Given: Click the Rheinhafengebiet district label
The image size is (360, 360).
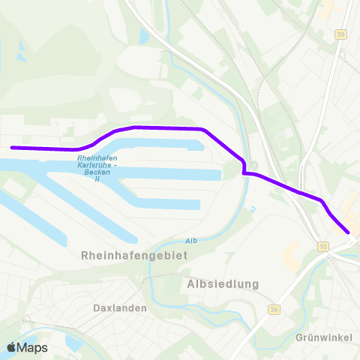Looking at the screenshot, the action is click(x=133, y=255).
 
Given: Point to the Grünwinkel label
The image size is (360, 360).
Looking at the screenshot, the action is click(x=324, y=337).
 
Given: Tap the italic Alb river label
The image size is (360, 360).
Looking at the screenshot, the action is click(x=191, y=241).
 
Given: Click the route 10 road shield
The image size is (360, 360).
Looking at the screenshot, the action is click(x=323, y=245).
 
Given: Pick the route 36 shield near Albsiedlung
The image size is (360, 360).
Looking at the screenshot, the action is click(x=273, y=309).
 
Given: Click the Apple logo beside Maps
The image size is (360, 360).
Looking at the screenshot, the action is click(x=12, y=347).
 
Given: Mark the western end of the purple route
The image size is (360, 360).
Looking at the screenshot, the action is click(x=12, y=148).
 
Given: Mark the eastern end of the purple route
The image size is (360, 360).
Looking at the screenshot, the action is click(x=348, y=232).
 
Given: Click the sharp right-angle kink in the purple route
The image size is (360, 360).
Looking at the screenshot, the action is click(x=244, y=173).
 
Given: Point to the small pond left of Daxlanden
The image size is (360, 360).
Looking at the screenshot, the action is click(x=73, y=342).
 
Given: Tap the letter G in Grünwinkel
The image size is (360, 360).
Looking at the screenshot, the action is click(x=300, y=337).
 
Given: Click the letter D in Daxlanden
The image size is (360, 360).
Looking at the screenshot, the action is click(x=97, y=307).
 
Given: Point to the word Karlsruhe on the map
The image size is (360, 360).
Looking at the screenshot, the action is click(x=98, y=164).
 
